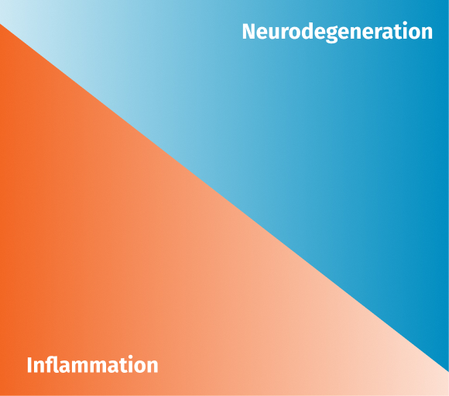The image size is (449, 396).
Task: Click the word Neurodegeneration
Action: (338, 32)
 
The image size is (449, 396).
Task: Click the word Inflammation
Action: (92, 364)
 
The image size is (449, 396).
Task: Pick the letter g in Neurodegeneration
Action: (342, 35)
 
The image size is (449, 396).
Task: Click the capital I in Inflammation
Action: (29, 365)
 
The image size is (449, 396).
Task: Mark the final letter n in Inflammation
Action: (152, 367)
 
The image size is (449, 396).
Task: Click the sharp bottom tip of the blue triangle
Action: (448, 372)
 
